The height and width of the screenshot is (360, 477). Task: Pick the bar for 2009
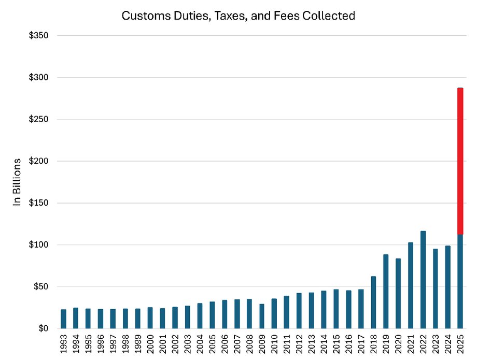(262, 316)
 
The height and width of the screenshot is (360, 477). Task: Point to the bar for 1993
(63, 319)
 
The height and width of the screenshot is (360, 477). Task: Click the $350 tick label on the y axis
(39, 36)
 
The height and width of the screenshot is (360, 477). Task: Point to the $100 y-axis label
(39, 244)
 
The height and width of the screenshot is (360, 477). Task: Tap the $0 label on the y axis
(44, 328)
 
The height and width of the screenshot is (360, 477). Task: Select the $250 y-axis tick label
(39, 119)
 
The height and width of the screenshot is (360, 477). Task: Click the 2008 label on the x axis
(249, 344)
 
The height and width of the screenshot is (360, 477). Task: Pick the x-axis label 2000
(150, 344)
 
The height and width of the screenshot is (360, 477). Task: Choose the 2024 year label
(448, 344)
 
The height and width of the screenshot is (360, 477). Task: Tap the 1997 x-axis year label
(113, 344)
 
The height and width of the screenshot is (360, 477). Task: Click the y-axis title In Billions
(17, 182)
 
